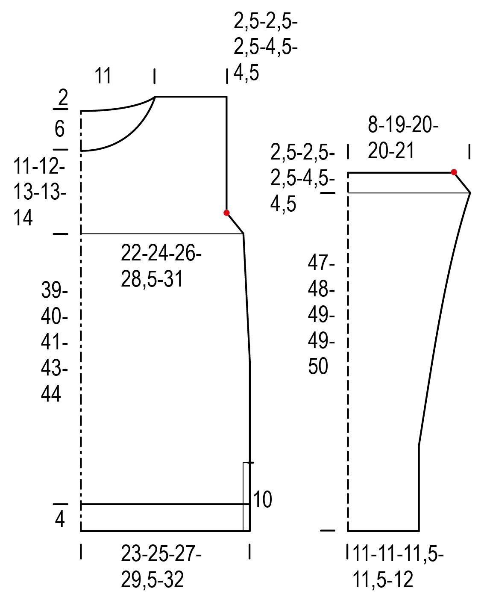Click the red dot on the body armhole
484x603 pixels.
[x=226, y=213]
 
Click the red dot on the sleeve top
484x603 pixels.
[x=454, y=172]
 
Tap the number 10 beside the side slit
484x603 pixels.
[x=262, y=499]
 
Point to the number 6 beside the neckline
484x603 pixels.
[x=59, y=129]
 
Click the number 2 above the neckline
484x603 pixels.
[x=63, y=97]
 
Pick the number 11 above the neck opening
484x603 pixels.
[x=103, y=75]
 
